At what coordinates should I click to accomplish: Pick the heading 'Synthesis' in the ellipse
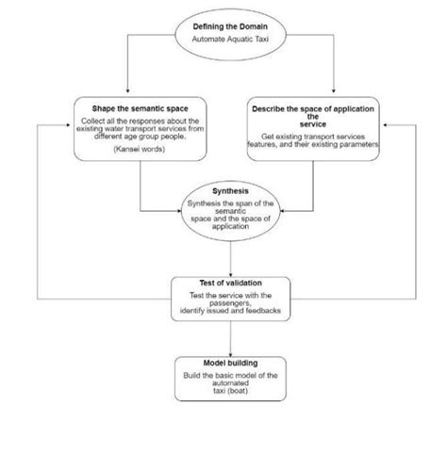coord(230,190)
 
